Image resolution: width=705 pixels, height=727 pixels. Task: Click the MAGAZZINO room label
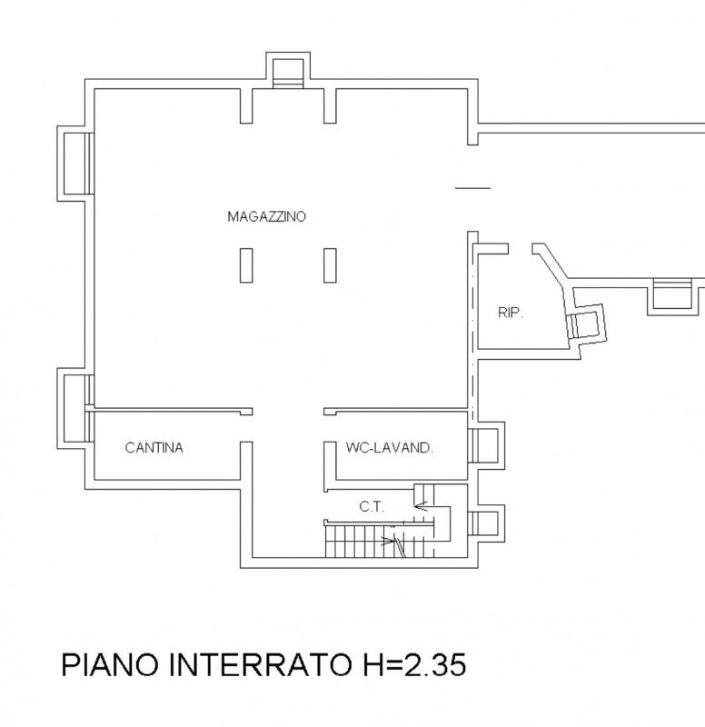coord(266,216)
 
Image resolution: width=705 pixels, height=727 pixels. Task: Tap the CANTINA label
coord(154,447)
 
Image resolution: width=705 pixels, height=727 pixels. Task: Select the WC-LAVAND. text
coord(389,447)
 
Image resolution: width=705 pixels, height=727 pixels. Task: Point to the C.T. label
coord(371,507)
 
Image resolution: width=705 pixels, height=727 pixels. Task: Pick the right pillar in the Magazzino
coord(329,266)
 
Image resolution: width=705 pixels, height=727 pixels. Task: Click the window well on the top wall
coord(287,71)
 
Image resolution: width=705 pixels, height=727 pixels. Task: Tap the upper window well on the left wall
coord(74,162)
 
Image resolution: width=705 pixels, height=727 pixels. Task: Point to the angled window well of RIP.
coord(584,324)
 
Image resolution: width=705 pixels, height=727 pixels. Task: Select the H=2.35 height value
coord(414,665)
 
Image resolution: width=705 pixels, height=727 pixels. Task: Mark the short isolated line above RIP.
coord(472,188)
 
